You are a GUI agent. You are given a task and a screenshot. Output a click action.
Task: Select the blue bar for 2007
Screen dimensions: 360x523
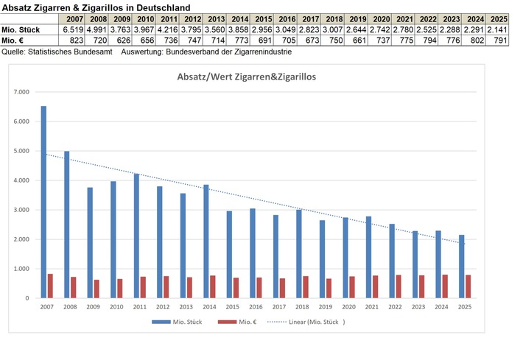tap(43, 202)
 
